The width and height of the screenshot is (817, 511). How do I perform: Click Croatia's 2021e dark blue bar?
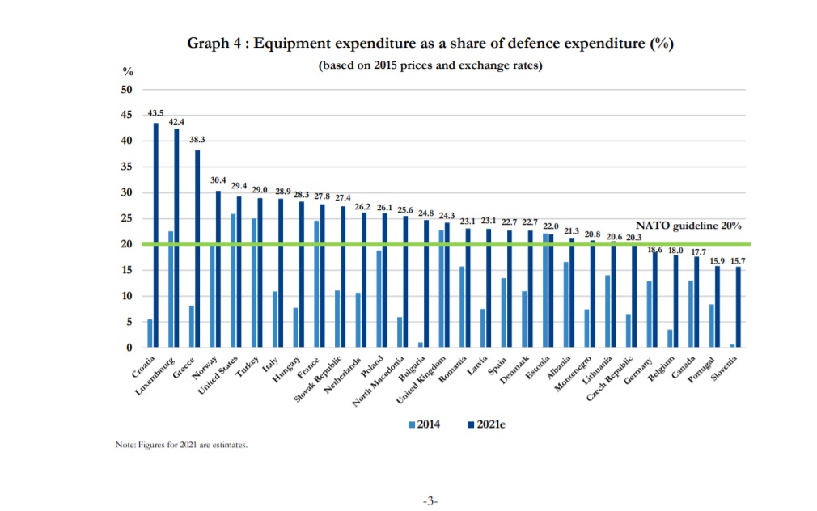coord(155,234)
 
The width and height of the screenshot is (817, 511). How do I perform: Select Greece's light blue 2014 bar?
coord(191,327)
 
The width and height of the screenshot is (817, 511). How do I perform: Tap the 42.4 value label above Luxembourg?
coord(176,122)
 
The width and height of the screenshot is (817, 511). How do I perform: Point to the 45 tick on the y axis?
coord(126,115)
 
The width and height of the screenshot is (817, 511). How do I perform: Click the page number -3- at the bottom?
coord(430,501)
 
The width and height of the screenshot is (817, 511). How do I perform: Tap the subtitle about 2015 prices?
coord(430,65)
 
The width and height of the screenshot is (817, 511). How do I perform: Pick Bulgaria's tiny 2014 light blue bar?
coord(420,344)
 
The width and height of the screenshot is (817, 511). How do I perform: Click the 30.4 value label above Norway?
coord(218,180)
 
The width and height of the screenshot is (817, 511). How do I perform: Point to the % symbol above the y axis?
coord(127,71)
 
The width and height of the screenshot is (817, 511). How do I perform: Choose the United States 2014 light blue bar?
coord(233,281)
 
